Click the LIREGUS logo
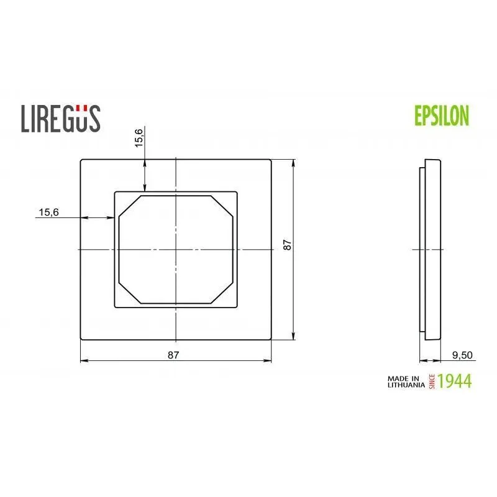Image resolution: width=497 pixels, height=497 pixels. coord(61,117)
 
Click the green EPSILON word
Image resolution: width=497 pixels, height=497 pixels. coord(441,116)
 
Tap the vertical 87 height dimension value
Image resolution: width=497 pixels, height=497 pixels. coord(286,245)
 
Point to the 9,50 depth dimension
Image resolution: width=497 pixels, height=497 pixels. coord(463,355)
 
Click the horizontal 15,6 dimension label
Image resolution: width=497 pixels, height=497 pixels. coord(48,212)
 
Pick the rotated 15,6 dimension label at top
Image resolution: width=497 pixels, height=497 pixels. coord(139,137)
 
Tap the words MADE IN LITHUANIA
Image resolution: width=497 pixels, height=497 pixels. coord(404,381)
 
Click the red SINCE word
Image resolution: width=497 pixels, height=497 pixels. coord(431,381)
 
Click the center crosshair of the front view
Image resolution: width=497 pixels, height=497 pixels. coord(177,250)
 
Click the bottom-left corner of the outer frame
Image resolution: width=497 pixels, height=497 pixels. coord(81,339)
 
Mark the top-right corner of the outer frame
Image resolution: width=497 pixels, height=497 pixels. coord(272,160)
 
